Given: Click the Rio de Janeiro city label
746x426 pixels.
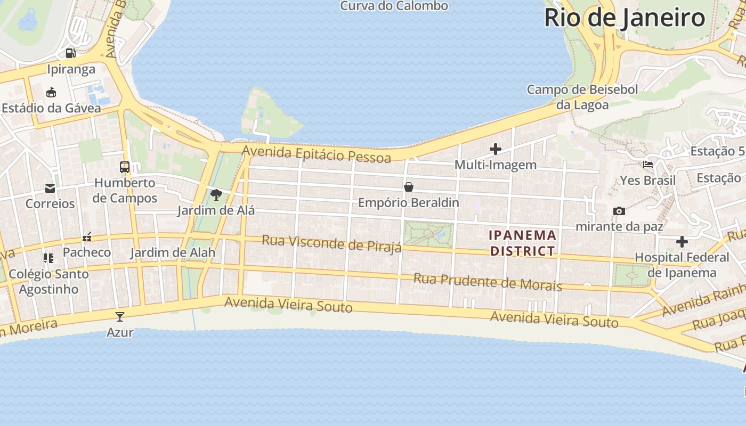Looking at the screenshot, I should tap(625, 18).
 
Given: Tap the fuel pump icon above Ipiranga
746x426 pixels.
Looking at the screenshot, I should tap(70, 53).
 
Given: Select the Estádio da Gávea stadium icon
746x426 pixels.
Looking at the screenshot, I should tap(51, 93).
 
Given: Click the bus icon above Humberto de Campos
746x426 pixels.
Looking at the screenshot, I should tap(125, 167).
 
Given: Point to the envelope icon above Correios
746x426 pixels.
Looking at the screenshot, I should tap(50, 188).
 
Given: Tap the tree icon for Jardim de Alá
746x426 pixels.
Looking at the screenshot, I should tap(216, 195).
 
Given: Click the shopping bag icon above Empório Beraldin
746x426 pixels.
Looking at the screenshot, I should tap(409, 187).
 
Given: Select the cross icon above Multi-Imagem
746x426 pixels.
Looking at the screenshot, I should tap(496, 149).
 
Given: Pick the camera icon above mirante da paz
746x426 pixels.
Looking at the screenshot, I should tap(619, 211).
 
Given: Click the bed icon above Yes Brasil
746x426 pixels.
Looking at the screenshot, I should tap(648, 165).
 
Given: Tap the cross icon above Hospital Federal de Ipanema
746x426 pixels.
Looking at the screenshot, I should tap(682, 242).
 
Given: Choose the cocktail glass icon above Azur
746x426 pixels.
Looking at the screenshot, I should tap(120, 317).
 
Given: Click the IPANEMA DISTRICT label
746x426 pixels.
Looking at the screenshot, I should tap(523, 243).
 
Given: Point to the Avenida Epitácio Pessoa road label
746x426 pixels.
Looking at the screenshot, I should tap(317, 154).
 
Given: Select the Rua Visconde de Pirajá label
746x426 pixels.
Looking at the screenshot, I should tap(331, 244).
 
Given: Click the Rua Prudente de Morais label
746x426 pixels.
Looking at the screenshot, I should tap(488, 282).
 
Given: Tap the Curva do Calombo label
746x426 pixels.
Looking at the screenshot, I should tap(394, 6).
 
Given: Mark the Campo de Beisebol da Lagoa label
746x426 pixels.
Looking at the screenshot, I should tap(582, 97).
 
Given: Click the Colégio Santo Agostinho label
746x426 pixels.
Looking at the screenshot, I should tap(48, 282).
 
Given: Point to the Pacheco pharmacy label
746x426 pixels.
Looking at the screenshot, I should tap(87, 252).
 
